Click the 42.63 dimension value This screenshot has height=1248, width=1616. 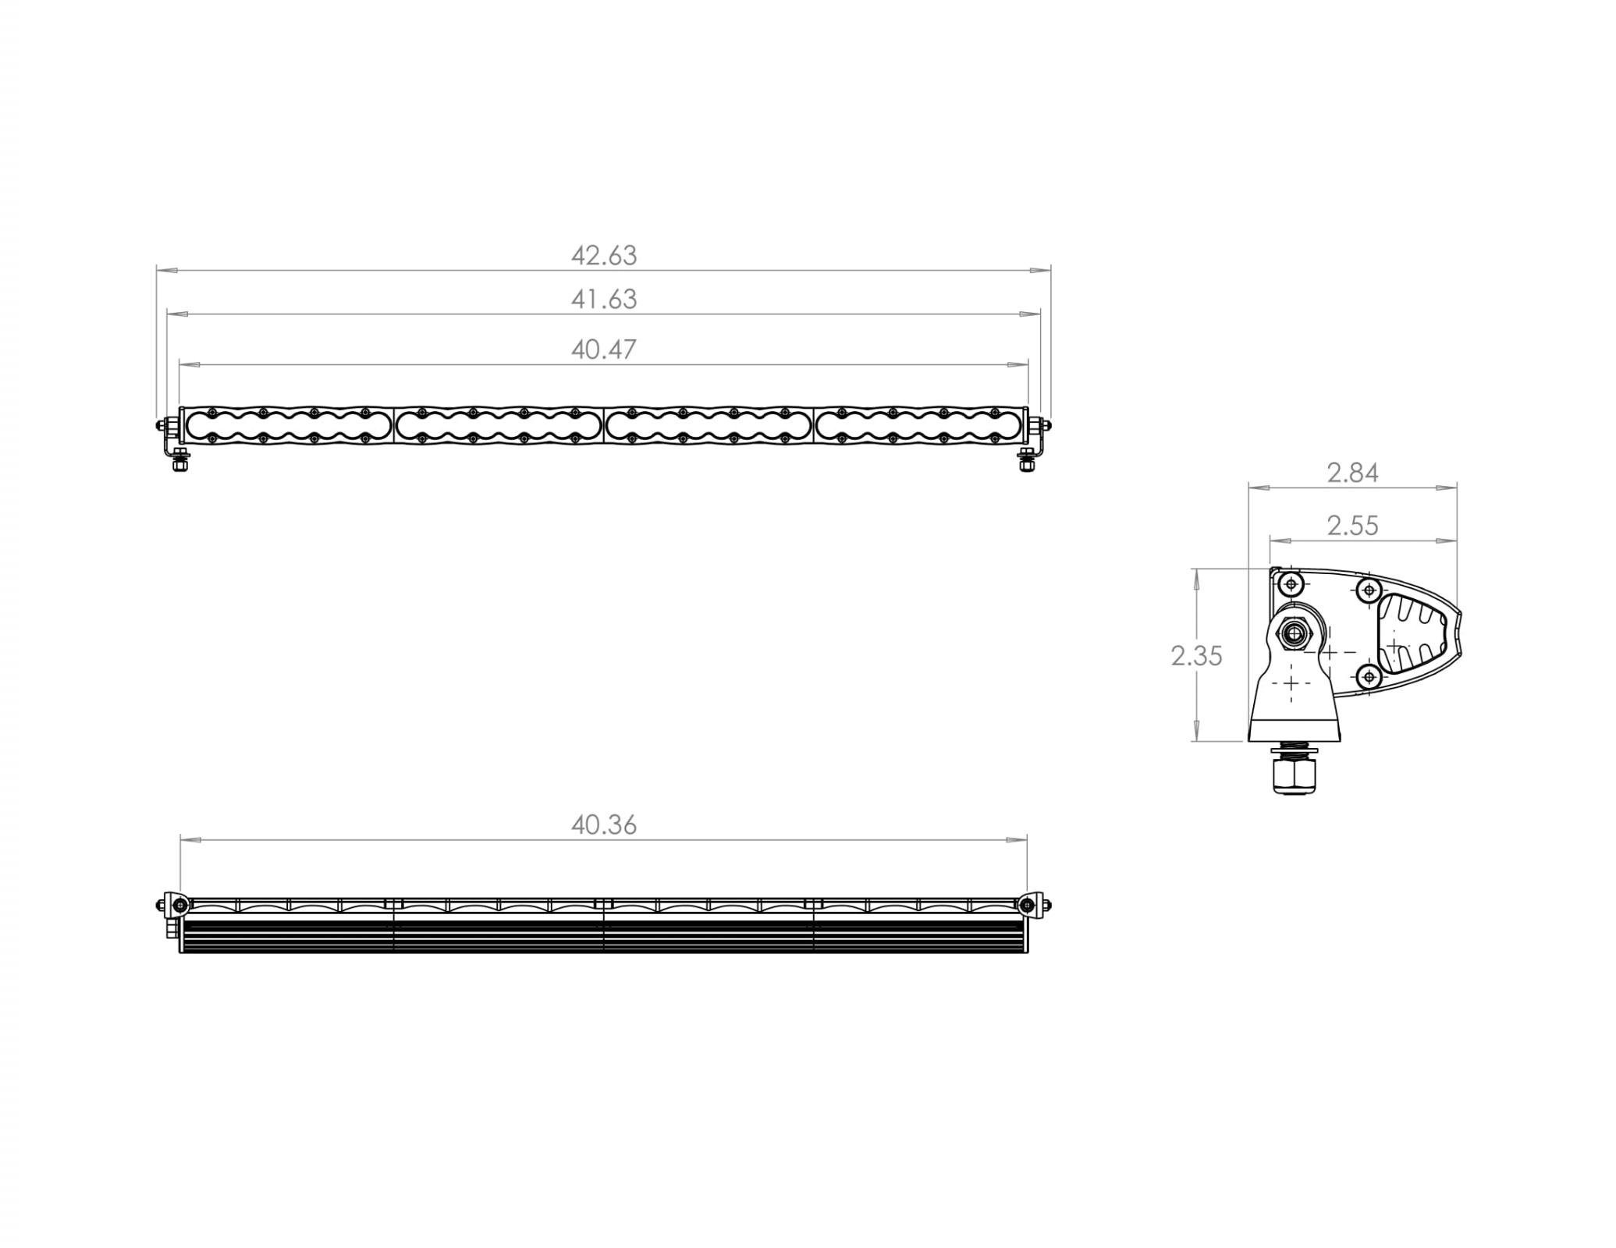(603, 256)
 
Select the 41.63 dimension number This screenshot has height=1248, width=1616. (603, 300)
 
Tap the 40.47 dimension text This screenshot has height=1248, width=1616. (603, 349)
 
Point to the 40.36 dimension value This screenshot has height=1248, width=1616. (603, 825)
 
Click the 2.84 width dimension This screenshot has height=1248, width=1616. (1352, 473)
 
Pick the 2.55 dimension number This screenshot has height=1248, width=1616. (1352, 526)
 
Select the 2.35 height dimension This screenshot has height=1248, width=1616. (1195, 657)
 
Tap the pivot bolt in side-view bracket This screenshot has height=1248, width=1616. (1295, 633)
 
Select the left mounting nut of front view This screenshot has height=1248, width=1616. (180, 463)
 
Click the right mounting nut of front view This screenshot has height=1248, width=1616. (1027, 463)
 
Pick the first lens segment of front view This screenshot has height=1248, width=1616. (288, 426)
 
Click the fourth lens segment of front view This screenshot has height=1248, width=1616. (919, 426)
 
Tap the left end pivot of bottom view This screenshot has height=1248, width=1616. (179, 905)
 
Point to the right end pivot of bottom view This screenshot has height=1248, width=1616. (1028, 905)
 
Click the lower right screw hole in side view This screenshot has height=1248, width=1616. (1369, 677)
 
